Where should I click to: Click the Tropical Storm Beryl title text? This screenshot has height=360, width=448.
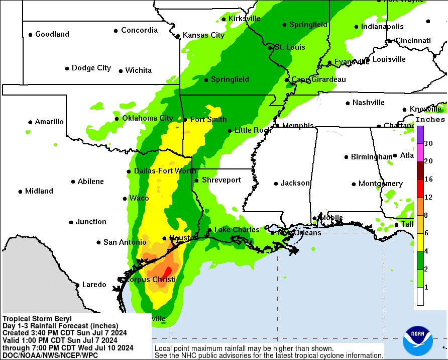37,319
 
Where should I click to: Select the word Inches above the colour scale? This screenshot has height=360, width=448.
430,120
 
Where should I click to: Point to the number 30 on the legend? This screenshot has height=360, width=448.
428,143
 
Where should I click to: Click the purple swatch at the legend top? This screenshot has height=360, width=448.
420,134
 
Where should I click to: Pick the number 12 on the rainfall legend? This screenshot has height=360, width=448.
428,197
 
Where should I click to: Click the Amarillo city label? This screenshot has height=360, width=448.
49,122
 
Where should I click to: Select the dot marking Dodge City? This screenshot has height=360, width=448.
67,68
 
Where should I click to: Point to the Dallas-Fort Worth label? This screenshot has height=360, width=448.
165,171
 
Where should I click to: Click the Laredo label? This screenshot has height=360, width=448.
94,285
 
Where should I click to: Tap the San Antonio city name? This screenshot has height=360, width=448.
125,242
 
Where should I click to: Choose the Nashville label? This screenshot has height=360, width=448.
368,103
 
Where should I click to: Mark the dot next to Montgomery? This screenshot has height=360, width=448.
354,184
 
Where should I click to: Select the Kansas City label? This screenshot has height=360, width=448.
203,35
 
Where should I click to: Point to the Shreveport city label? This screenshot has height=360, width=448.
221,180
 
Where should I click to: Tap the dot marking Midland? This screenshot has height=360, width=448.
21,192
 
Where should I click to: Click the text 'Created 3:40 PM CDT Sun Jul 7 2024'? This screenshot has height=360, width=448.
64,333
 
